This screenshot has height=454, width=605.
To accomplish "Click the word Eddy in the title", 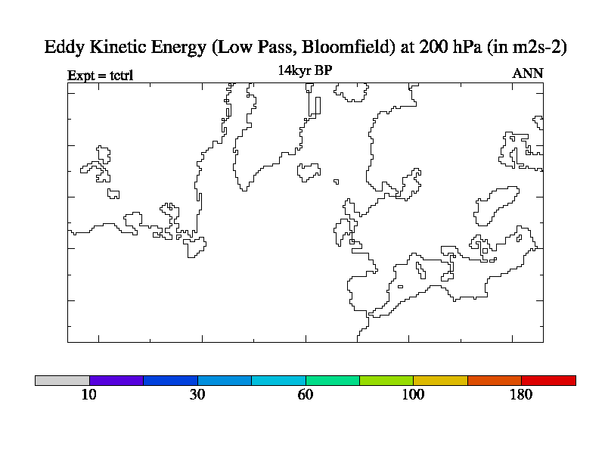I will [64, 47].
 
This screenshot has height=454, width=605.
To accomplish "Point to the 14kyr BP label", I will [305, 70].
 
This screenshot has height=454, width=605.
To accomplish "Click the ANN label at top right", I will [527, 73].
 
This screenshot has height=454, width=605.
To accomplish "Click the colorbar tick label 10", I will [89, 395].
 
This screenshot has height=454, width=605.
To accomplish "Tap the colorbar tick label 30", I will [197, 395].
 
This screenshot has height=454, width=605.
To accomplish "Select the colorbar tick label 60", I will [306, 395].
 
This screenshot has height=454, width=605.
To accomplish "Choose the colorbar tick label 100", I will [414, 395].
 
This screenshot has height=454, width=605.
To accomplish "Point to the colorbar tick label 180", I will [522, 395].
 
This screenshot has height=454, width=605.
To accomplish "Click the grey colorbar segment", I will [62, 381].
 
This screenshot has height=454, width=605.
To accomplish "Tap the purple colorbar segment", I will [116, 381].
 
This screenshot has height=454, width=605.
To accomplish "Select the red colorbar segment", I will [548, 381].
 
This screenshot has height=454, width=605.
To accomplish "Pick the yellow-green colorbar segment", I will [386, 381].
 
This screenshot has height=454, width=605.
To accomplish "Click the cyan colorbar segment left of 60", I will [278, 381].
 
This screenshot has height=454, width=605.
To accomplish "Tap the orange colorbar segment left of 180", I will [495, 381].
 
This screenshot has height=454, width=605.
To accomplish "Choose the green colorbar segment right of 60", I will [333, 381].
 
